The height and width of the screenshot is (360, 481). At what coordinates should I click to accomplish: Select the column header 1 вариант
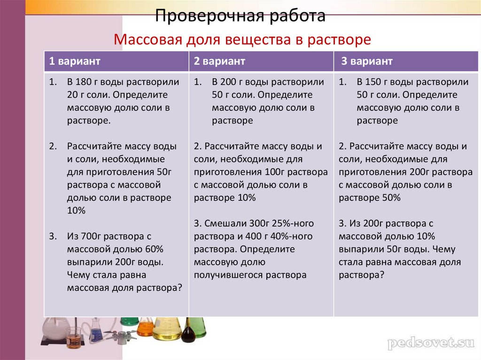[75, 61]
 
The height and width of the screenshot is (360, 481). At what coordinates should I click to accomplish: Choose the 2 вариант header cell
[219, 61]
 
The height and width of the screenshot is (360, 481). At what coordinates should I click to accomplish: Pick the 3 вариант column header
[366, 61]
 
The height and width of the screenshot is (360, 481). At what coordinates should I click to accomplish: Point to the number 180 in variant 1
[84, 82]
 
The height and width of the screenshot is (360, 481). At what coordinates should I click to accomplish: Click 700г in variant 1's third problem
[91, 237]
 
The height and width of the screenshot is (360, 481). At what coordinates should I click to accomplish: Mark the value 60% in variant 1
[154, 249]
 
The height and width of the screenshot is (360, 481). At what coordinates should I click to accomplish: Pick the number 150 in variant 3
[373, 82]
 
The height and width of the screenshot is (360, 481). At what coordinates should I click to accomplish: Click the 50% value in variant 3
[391, 198]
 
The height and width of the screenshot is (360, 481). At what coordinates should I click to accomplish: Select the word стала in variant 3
[349, 262]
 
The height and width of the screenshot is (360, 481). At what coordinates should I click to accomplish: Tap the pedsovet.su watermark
[431, 343]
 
